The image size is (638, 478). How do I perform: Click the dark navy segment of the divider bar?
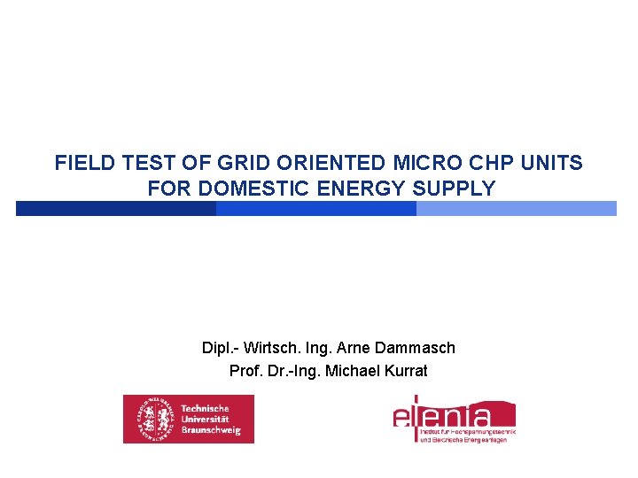115,209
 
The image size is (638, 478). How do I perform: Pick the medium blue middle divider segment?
315,209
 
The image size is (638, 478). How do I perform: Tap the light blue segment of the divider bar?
516,209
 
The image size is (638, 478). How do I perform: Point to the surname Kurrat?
403,371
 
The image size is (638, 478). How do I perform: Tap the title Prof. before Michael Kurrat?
245,371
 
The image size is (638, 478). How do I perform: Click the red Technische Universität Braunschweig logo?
188,419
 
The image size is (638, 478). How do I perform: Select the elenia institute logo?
454,419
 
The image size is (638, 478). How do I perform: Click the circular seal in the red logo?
151,419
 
